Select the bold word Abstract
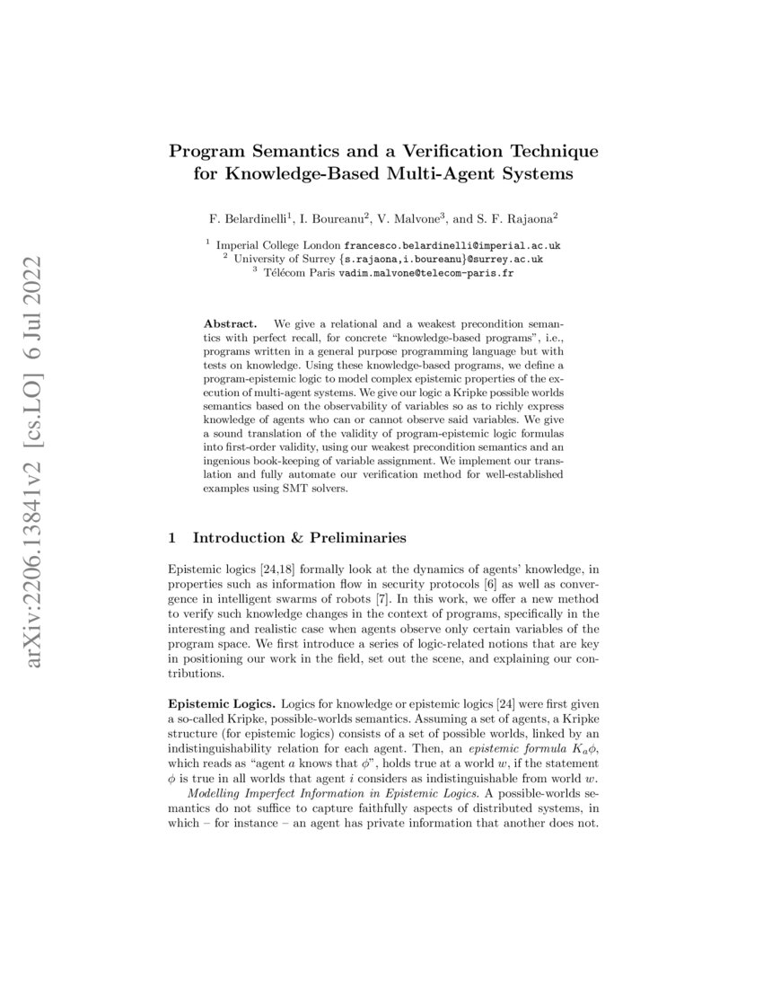pos(231,322)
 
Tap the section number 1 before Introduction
pos(172,538)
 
